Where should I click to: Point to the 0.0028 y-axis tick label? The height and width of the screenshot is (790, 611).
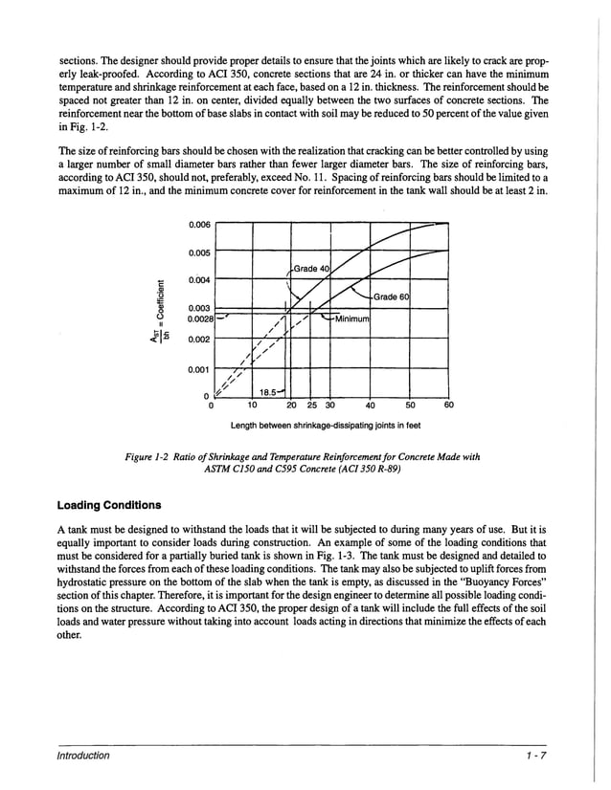199,319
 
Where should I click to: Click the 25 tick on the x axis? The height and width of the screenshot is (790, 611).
310,405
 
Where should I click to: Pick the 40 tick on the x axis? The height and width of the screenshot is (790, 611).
370,405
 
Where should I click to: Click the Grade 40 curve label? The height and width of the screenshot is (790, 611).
311,268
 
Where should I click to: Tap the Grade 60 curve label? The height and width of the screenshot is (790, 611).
391,297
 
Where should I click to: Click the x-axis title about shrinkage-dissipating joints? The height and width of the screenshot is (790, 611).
325,425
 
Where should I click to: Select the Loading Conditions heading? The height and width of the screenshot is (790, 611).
109,504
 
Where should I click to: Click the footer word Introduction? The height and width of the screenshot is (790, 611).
82,756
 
